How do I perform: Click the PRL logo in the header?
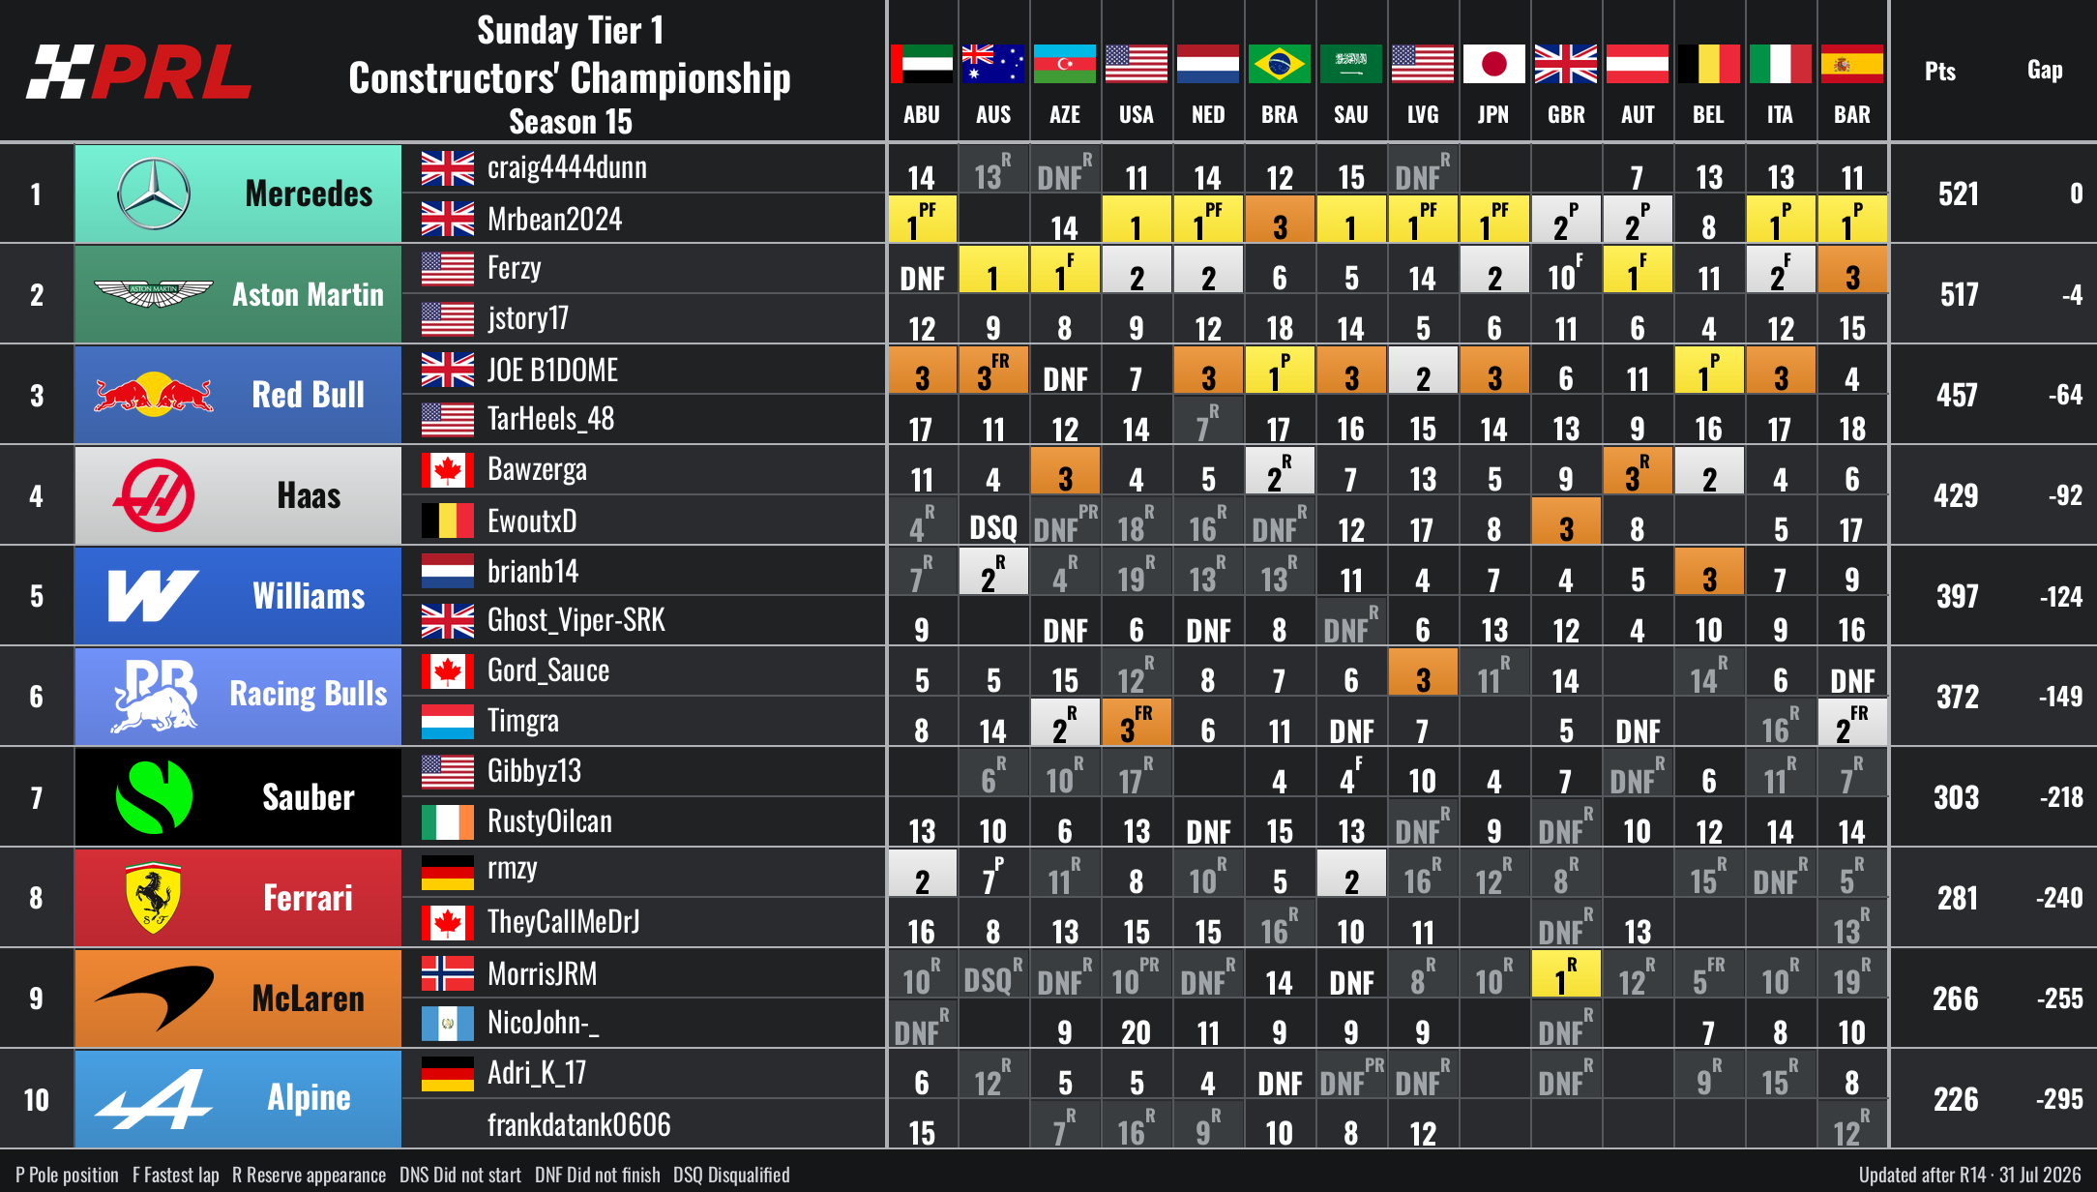[139, 73]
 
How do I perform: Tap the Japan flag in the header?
[1494, 64]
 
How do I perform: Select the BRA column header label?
[1280, 114]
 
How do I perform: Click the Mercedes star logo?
[154, 194]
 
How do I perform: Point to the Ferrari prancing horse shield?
[154, 898]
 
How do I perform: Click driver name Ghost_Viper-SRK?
[576, 620]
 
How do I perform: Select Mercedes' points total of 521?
[1958, 194]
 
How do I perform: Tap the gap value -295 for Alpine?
[2060, 1099]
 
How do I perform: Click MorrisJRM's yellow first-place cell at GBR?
[1566, 973]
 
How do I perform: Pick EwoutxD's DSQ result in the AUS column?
[993, 527]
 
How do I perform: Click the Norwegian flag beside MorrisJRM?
[448, 973]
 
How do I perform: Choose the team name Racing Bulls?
[309, 694]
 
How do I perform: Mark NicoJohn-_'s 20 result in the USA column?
[1137, 1032]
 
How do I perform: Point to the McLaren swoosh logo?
[155, 997]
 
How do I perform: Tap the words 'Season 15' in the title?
[571, 122]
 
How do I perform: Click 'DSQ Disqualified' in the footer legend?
[731, 1175]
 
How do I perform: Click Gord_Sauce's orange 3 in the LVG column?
[1423, 671]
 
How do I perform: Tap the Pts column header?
[1940, 71]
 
